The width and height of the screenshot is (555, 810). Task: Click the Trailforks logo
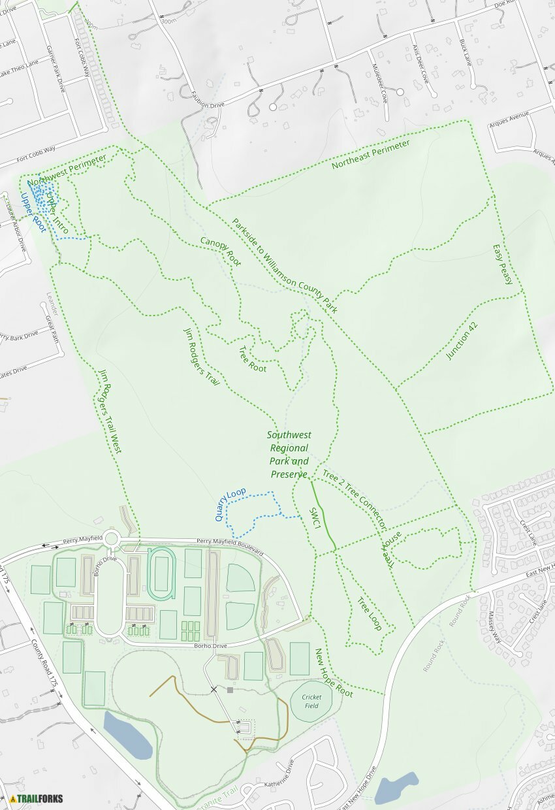point(37,798)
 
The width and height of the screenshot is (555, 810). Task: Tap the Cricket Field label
point(311,701)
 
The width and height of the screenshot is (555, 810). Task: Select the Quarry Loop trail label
point(230,504)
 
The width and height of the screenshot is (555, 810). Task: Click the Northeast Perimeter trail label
point(370,155)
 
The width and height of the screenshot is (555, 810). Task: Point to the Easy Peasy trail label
point(503,265)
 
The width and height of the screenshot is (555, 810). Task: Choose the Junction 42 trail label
point(462,341)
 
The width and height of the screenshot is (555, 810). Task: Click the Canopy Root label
point(221,252)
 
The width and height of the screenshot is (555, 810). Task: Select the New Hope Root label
point(334,673)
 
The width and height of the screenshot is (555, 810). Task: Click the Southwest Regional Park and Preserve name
point(289,455)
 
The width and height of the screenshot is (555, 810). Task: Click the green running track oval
point(161,574)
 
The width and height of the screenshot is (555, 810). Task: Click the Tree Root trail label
point(253,359)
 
